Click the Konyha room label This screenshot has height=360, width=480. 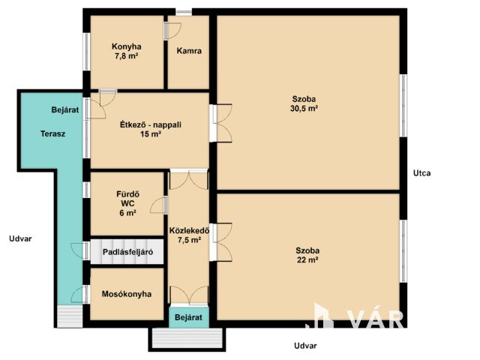tap(127, 46)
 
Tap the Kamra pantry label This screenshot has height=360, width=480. tap(189, 50)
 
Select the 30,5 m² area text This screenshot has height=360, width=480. tap(304, 108)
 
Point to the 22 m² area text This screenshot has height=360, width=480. tap(307, 260)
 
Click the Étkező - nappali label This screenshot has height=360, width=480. tap(151, 125)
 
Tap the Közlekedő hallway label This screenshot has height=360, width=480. tap(189, 230)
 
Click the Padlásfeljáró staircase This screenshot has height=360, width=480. tap(127, 252)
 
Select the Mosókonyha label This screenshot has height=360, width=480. tap(127, 294)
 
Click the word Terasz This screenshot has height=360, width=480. tap(53, 133)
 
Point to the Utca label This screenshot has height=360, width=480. tap(421, 173)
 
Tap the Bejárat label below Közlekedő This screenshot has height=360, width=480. tap(188, 317)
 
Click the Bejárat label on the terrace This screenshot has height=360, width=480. tap(65, 109)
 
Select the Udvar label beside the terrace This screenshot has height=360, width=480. tap(20, 238)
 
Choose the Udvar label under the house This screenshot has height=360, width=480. tap(305, 346)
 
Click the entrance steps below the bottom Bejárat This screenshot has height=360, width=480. tap(187, 338)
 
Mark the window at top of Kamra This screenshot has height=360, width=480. tap(184, 12)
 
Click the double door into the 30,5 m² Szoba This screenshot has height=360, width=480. tap(221, 123)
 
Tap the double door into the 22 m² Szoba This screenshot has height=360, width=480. tap(221, 242)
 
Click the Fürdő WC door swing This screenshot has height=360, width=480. tap(159, 205)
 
